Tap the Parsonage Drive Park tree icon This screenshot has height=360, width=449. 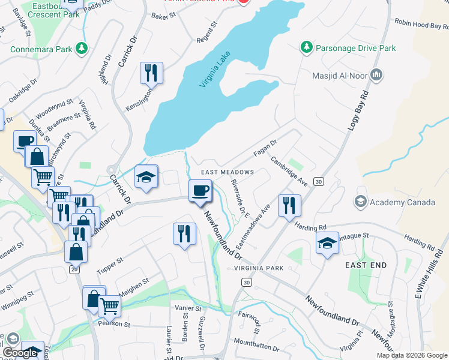click(x=306, y=47)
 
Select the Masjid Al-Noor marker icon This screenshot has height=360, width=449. click(x=377, y=75)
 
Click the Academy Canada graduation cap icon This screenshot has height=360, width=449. click(x=361, y=202)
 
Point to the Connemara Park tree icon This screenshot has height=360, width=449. click(x=80, y=49)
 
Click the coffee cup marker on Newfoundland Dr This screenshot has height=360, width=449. click(x=200, y=191)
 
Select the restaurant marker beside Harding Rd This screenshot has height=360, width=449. click(x=289, y=205)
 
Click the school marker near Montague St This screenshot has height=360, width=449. click(x=327, y=244)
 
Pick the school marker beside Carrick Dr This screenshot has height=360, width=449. click(x=145, y=177)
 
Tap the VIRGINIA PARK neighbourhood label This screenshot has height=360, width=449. click(x=259, y=268)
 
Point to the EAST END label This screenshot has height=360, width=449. click(x=366, y=265)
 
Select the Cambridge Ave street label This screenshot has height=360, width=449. click(x=289, y=172)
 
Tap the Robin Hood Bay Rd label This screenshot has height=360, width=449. click(x=420, y=23)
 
